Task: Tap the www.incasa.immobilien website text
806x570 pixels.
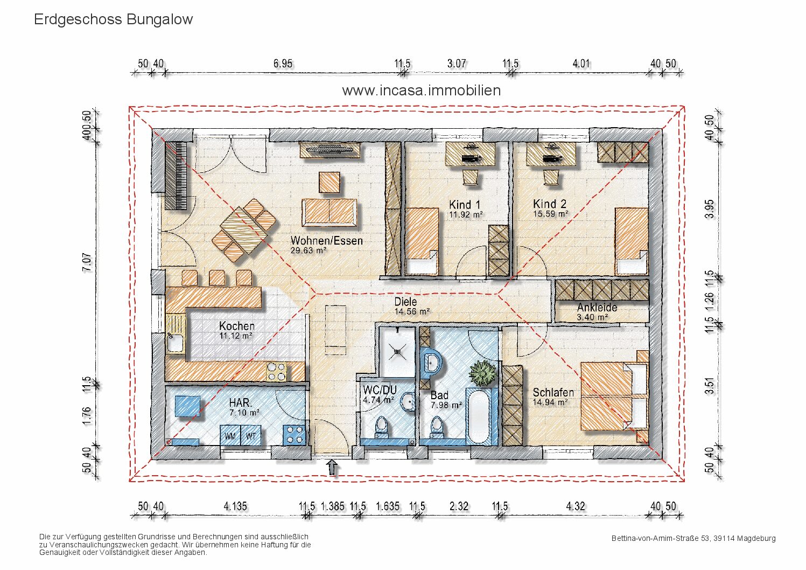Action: (422, 91)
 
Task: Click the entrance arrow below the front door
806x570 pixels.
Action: (332, 467)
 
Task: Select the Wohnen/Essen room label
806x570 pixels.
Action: (327, 240)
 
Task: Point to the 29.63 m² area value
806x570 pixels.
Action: (309, 251)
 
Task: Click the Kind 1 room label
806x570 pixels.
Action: (465, 205)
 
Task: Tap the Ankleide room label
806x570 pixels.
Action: (597, 308)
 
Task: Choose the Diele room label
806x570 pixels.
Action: (405, 302)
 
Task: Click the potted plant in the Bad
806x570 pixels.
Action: (483, 374)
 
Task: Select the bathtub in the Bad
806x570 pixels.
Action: (478, 416)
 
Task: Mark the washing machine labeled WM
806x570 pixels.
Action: (230, 435)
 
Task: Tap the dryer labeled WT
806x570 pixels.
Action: (251, 435)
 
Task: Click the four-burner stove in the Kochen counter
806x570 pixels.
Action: (276, 372)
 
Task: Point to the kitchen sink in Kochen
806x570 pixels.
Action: (175, 342)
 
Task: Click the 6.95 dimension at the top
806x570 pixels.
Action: (283, 64)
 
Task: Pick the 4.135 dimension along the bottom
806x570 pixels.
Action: (235, 506)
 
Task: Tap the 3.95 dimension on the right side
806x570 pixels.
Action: (709, 209)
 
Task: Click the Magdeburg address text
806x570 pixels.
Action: (693, 539)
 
